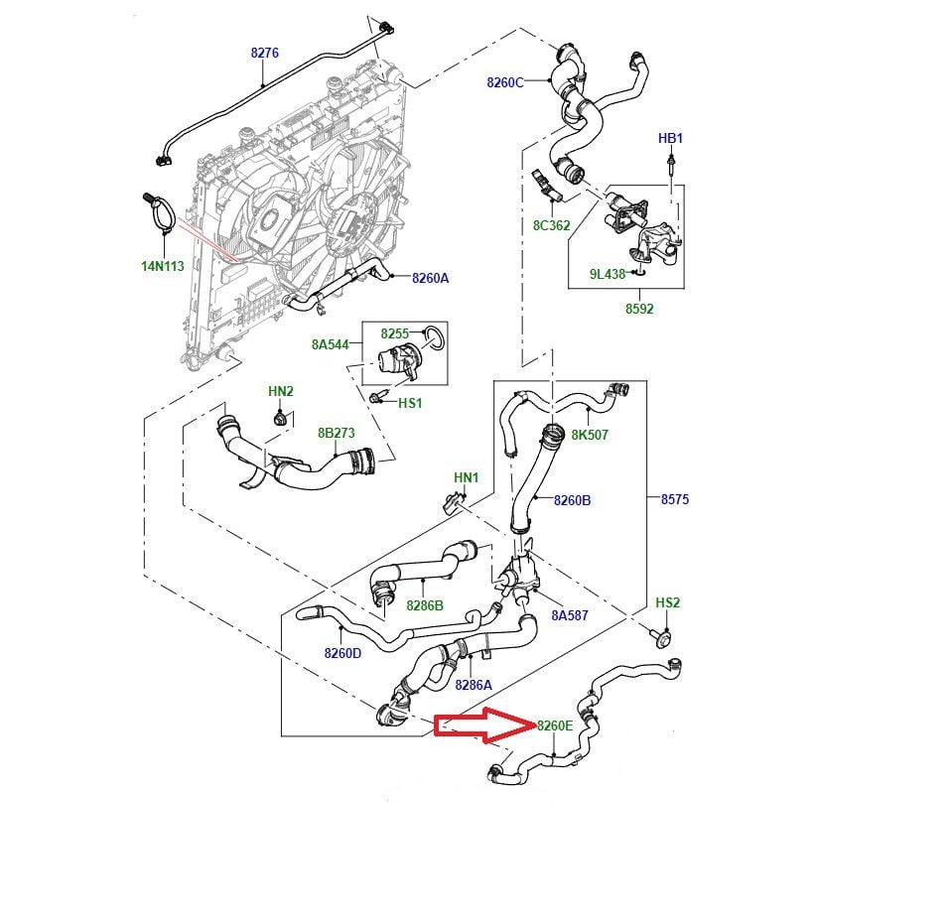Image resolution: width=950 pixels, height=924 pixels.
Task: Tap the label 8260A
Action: click(x=431, y=278)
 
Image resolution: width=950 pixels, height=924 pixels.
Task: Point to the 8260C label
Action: click(x=504, y=82)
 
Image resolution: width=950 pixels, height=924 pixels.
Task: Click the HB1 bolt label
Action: click(x=671, y=138)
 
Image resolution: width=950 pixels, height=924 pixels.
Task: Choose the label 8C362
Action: click(x=552, y=225)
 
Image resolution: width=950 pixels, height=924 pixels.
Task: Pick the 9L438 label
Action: click(x=607, y=274)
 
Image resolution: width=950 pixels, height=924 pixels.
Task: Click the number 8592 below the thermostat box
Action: click(x=639, y=309)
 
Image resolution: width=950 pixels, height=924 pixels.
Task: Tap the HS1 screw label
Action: click(x=410, y=403)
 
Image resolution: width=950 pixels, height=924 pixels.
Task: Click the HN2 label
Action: click(x=281, y=391)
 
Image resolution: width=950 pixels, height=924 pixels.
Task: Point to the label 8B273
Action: click(x=336, y=433)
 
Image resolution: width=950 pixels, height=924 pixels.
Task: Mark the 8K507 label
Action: click(x=590, y=435)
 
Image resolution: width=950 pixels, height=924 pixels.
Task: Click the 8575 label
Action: click(x=674, y=499)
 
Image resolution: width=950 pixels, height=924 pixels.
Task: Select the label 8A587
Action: click(x=570, y=615)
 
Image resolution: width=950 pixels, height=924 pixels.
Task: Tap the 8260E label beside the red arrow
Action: click(x=555, y=726)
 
